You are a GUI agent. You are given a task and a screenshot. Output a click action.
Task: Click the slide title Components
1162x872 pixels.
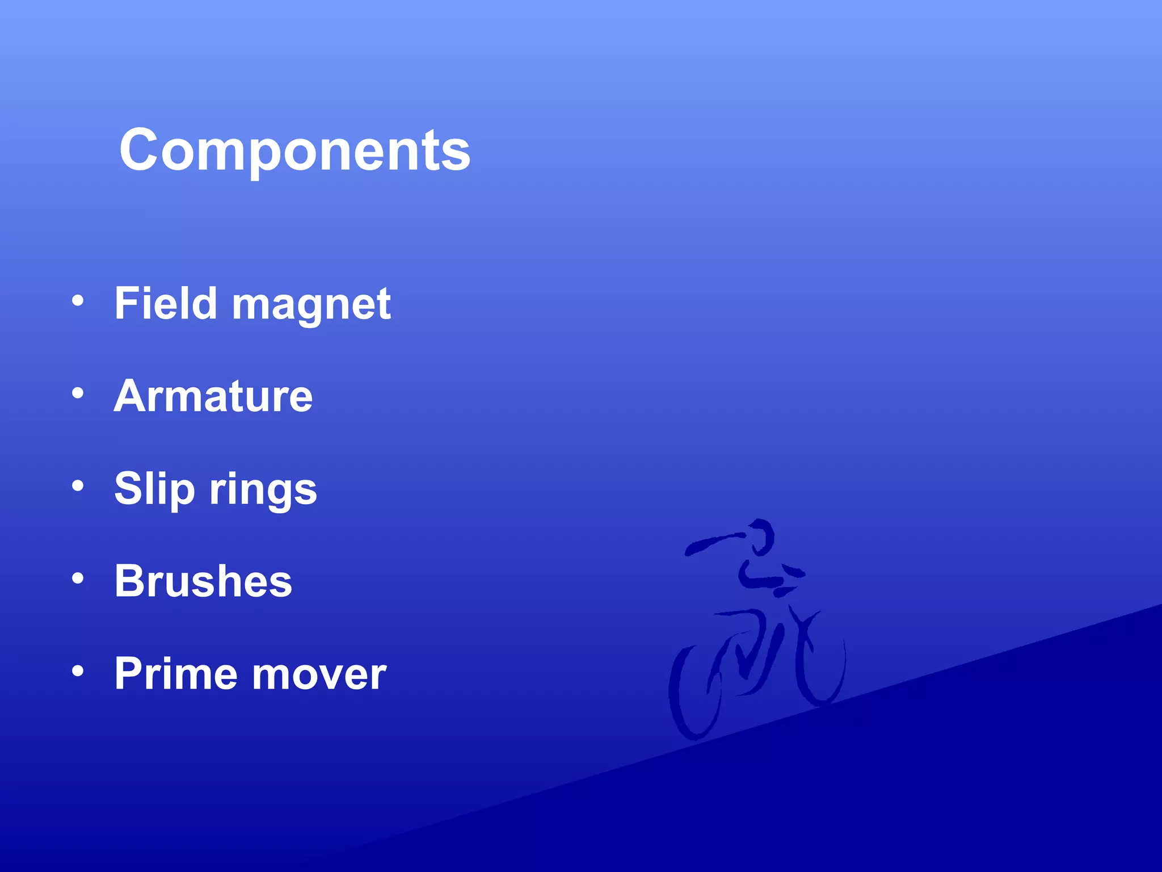[x=294, y=150]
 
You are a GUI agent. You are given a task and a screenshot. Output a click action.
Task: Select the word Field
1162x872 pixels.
[x=166, y=303]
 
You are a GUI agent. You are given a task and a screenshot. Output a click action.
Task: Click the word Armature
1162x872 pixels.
[x=213, y=396]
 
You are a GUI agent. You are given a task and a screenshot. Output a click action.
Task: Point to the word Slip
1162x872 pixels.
[x=154, y=489]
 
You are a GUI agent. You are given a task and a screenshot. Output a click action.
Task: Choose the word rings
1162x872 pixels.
[x=263, y=490]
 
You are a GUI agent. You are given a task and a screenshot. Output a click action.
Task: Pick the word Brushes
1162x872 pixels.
[x=203, y=581]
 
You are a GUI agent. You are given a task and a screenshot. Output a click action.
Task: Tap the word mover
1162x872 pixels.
[x=319, y=674]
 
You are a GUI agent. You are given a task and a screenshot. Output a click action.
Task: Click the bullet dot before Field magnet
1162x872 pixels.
[x=78, y=300]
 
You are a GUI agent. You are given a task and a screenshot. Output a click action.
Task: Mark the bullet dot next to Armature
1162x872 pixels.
[x=78, y=393]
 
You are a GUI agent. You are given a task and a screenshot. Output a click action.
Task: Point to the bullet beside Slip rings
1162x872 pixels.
[x=78, y=485]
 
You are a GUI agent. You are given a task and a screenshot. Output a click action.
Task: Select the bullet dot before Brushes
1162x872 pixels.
[x=78, y=578]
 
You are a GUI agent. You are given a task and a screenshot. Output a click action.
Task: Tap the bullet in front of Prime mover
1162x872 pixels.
[x=78, y=670]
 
